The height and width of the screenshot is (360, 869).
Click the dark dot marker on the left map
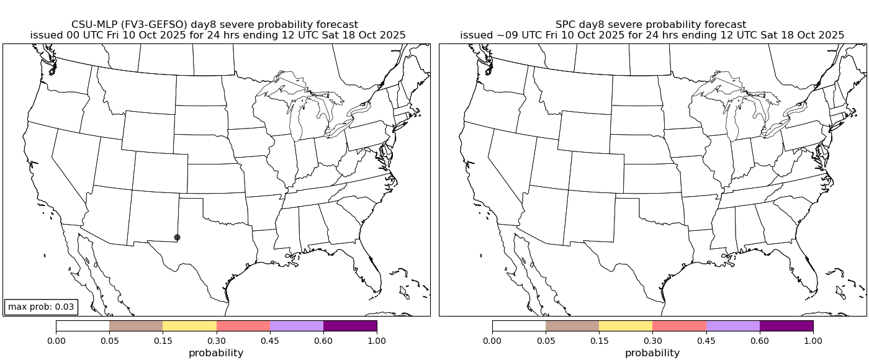point(177,237)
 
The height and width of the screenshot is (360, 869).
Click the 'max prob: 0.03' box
point(41,307)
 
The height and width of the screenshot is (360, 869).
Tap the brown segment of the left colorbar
point(136,326)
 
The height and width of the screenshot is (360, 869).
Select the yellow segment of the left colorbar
point(189,326)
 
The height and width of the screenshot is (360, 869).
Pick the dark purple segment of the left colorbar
point(350,326)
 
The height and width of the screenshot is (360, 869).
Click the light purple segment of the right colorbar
point(733,326)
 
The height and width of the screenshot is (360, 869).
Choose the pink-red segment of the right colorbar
point(679,326)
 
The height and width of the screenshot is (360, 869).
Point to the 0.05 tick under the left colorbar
point(109,340)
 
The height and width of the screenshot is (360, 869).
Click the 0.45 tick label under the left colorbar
point(270,340)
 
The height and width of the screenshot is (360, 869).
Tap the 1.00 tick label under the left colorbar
point(377,340)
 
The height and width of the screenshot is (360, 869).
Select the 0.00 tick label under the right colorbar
point(492,340)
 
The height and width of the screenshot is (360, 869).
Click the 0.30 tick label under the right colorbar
point(652,340)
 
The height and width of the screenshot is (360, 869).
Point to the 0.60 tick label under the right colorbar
point(760,340)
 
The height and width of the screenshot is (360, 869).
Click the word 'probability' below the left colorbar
point(216,353)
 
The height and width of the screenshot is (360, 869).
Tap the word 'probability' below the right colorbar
point(652,353)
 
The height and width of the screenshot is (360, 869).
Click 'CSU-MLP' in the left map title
point(92,24)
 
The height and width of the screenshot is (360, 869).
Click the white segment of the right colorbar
point(519,326)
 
